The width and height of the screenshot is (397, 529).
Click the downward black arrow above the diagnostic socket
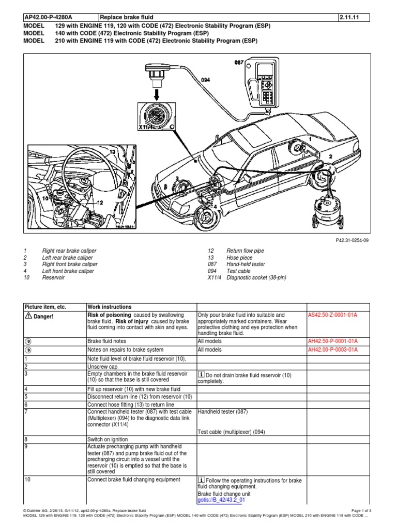tap(156, 95)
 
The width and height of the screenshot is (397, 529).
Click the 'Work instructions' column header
tap(109, 306)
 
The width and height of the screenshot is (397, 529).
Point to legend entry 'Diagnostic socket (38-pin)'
tap(256, 277)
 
